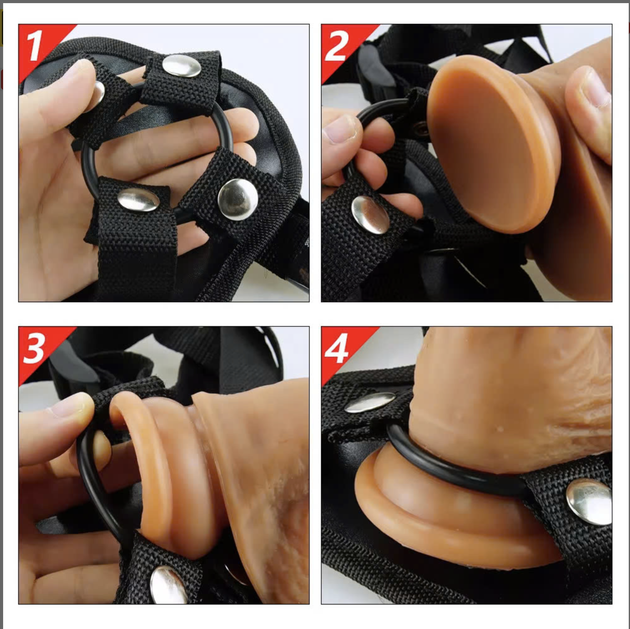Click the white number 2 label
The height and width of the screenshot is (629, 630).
click(337, 46)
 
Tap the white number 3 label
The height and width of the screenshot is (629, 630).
click(34, 348)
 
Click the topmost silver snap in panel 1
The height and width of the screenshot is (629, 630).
click(181, 66)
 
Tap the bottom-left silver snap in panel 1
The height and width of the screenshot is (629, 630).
click(139, 200)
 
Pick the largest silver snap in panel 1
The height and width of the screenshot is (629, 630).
click(238, 199)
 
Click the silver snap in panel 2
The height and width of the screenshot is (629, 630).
click(370, 215)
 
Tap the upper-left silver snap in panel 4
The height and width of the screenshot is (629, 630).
click(370, 402)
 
